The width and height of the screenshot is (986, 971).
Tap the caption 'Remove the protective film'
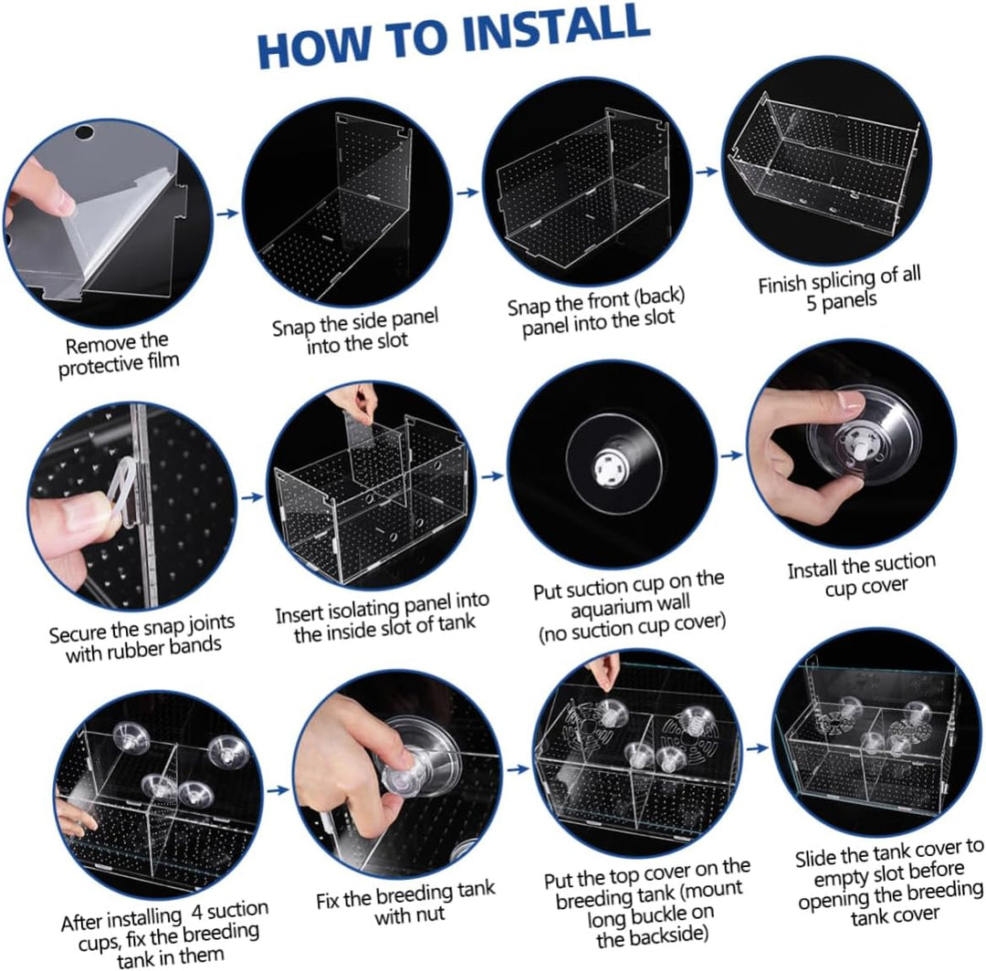118,355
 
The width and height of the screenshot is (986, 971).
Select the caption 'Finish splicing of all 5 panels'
840,288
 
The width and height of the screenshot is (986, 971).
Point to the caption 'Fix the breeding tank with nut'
406,903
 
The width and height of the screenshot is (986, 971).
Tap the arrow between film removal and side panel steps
227,213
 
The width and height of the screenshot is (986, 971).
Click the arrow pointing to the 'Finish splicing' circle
707,171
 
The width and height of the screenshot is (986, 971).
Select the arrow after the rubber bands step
253,497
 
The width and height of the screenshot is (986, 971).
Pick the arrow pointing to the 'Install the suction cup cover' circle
731,455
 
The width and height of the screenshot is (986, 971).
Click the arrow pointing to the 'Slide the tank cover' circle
757,748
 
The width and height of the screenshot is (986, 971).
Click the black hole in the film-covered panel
83,133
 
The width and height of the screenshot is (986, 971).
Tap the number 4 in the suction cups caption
196,914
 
